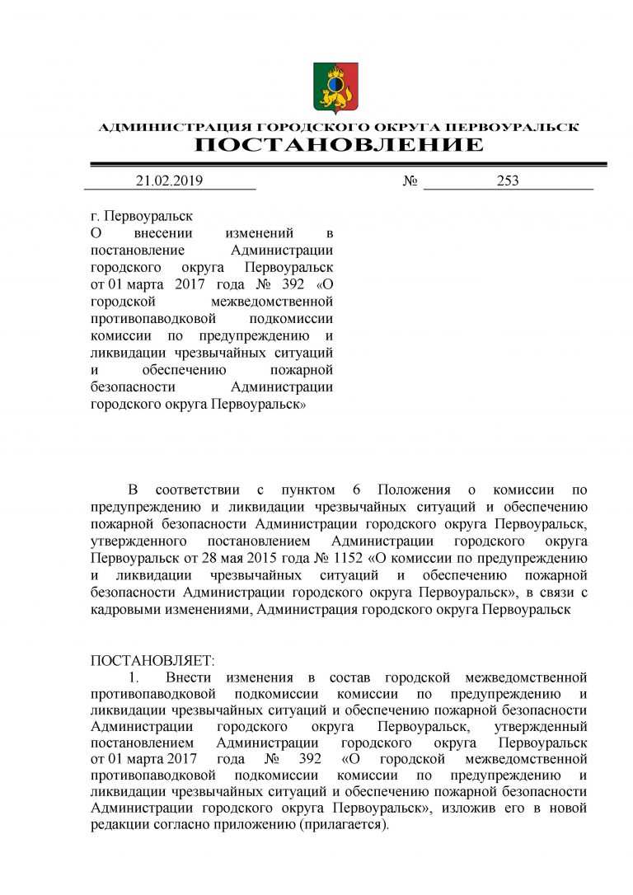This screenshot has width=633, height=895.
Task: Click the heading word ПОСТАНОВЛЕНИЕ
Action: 339,146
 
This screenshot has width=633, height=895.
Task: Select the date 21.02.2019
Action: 169,181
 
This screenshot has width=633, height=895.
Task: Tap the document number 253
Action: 508,181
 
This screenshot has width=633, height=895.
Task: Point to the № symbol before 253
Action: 410,181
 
